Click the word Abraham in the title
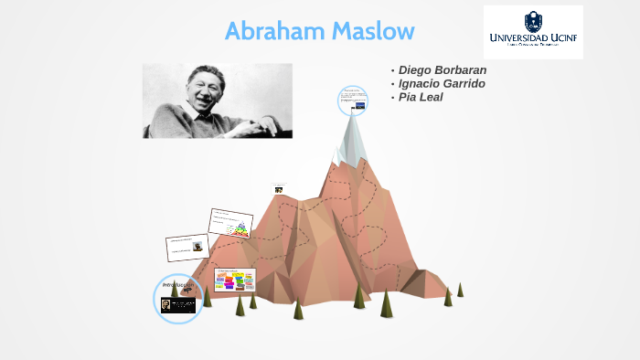(271, 31)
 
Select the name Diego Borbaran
(443, 70)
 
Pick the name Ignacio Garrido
(442, 84)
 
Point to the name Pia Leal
(421, 97)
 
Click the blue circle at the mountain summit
(352, 101)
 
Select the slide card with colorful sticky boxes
(235, 280)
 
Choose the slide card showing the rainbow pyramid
(230, 224)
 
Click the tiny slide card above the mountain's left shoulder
(279, 188)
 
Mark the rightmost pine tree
(460, 290)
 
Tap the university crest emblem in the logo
(532, 20)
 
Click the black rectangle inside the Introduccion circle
(178, 305)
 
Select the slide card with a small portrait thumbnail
(187, 247)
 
